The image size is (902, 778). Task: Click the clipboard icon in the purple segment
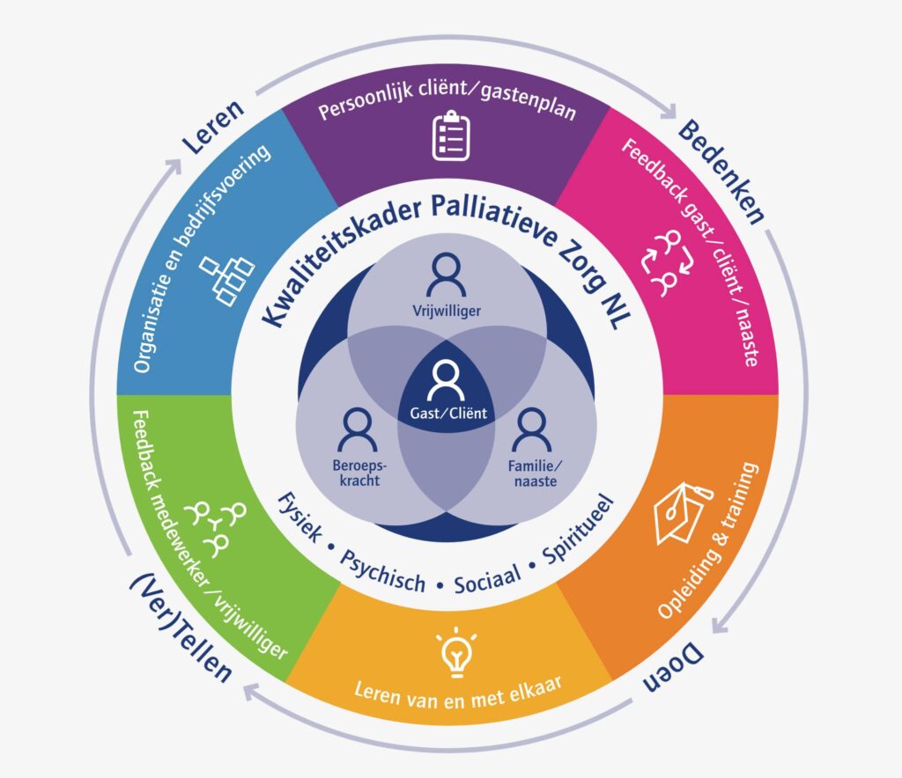(451, 136)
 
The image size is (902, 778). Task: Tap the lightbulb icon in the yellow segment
(456, 651)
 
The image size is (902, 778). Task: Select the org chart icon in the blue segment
(226, 280)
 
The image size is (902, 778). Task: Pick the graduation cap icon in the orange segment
(684, 513)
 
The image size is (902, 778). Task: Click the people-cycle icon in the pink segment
(668, 263)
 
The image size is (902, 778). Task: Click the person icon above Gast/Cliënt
(446, 380)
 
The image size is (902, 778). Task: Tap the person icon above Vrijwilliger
(447, 274)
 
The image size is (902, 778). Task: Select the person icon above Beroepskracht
(358, 429)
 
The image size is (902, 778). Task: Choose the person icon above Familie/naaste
(532, 429)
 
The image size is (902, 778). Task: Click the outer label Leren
(213, 127)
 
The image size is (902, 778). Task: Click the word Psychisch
(382, 571)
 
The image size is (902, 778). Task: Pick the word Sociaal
(487, 578)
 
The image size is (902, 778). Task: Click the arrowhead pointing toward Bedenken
(669, 111)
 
